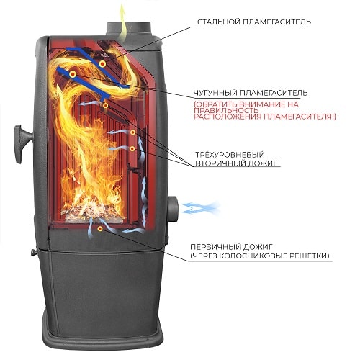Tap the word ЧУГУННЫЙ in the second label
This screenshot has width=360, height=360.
click(215, 93)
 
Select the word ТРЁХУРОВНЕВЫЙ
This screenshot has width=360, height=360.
click(230, 154)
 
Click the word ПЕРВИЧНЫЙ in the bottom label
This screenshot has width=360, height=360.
click(215, 247)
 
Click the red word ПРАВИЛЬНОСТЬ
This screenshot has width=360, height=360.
click(226, 110)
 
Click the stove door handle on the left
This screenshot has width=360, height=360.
click(22, 143)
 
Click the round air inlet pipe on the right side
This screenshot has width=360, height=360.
click(173, 209)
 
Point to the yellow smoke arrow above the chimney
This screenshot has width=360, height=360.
click(123, 22)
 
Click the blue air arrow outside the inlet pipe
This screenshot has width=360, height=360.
click(200, 208)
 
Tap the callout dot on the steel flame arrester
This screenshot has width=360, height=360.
click(102, 64)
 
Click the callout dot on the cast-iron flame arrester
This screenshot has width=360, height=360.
click(73, 75)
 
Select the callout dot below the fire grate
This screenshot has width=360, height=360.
click(100, 229)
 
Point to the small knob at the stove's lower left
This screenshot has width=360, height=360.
click(34, 252)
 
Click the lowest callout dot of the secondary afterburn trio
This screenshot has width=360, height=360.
click(132, 149)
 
